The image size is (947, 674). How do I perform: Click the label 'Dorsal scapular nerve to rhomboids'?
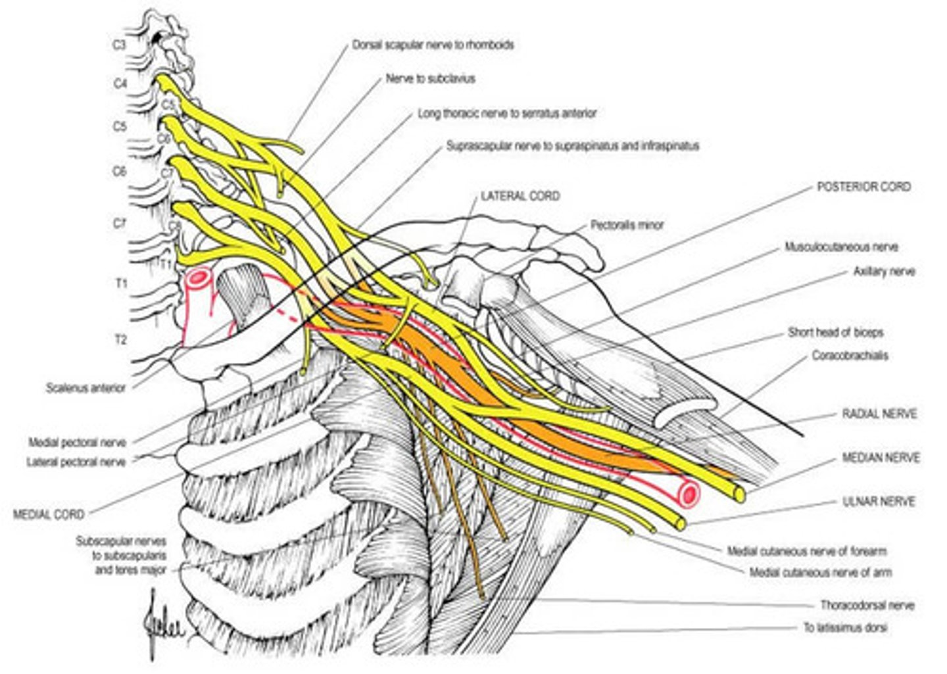pos(433,45)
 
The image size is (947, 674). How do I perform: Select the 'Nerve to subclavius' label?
pos(430,78)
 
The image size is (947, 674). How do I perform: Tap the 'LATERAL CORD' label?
pos(520,196)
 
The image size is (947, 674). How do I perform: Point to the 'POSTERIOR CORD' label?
pos(863,187)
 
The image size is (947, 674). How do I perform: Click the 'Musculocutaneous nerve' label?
pos(841,247)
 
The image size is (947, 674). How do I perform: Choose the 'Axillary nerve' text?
pos(884,271)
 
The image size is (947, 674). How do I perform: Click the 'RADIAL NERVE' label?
pos(879,414)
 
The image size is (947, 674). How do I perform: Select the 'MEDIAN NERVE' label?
pos(881,458)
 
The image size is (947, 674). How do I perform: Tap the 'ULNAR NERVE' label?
pos(879,501)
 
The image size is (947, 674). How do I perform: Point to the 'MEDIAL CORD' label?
pos(49,514)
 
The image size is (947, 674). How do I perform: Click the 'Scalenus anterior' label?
pos(85,388)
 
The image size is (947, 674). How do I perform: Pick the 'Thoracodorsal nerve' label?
pos(867,605)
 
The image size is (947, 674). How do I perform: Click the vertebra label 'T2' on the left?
pos(120,340)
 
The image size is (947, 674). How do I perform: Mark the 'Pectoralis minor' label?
pos(626,225)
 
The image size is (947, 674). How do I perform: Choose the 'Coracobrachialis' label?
pos(850,356)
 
